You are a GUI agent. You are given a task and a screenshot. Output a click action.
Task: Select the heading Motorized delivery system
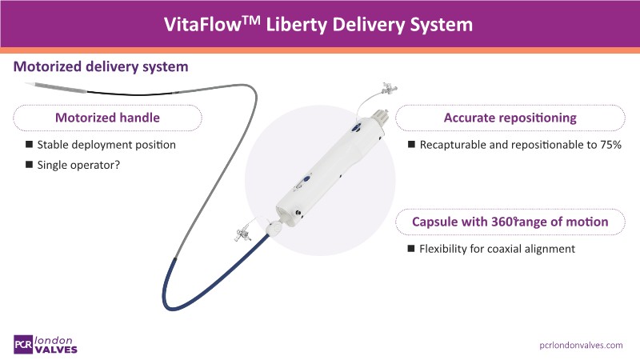coord(100,66)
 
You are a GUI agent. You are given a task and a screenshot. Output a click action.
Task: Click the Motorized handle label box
coord(106,118)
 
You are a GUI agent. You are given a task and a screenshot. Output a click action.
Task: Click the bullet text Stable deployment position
coord(106,145)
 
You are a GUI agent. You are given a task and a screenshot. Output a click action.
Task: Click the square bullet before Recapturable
coord(412,145)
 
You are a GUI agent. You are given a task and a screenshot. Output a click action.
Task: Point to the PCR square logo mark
coord(25,342)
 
